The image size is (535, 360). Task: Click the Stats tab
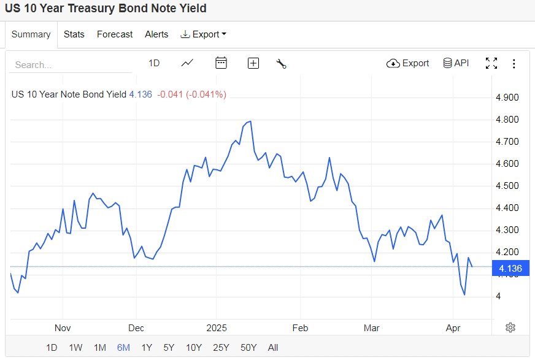(74, 34)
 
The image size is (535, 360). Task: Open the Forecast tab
(115, 34)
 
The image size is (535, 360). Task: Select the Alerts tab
(156, 34)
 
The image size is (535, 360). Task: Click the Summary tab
(31, 34)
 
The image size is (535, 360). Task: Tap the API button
(456, 63)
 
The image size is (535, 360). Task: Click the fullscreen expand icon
(491, 63)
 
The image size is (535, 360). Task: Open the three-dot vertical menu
(514, 63)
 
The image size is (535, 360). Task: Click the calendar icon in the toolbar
(221, 63)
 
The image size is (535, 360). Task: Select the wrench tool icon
(282, 63)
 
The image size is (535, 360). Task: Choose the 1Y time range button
(147, 348)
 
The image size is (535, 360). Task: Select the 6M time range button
(123, 348)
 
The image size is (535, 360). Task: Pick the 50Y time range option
(248, 348)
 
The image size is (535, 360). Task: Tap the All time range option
(273, 348)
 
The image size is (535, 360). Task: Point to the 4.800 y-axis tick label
(507, 120)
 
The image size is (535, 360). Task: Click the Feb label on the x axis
(299, 328)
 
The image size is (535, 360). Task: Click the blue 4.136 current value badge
(510, 268)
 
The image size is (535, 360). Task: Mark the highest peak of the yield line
(250, 121)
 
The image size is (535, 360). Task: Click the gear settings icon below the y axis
(510, 327)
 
